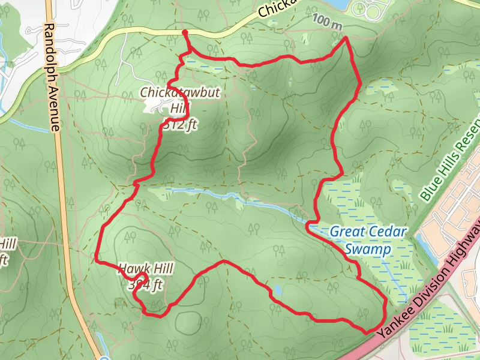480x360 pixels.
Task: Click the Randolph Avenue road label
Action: [x=52, y=77]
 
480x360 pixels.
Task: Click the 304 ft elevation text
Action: [x=145, y=286]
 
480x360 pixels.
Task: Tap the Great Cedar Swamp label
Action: [x=368, y=239]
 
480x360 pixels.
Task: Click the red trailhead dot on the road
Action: [x=185, y=32]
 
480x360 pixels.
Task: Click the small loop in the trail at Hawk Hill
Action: [x=138, y=281]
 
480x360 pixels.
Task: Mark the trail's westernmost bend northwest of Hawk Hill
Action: [x=97, y=259]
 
